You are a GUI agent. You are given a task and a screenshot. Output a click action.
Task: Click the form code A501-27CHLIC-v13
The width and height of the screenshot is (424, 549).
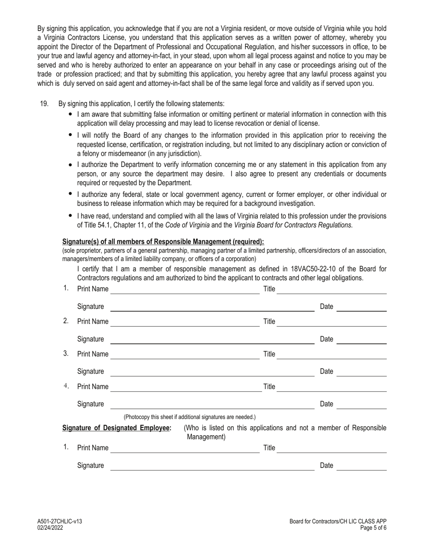pyautogui.click(x=59, y=521)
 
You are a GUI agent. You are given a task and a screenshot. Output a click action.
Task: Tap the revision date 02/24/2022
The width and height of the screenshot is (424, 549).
pyautogui.click(x=50, y=528)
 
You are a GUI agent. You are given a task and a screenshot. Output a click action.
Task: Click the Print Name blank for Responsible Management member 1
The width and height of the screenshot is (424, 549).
pyautogui.click(x=185, y=290)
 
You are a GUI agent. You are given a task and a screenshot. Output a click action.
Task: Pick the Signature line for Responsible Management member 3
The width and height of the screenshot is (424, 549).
pyautogui.click(x=212, y=372)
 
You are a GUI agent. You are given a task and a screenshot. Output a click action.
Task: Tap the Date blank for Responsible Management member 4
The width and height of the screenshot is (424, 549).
pyautogui.click(x=361, y=405)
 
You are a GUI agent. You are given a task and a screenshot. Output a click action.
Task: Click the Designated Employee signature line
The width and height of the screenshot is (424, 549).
pyautogui.click(x=212, y=466)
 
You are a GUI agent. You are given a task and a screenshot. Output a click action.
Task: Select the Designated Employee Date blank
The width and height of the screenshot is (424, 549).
pyautogui.click(x=361, y=466)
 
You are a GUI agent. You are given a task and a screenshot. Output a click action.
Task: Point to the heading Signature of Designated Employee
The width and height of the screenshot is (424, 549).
pyautogui.click(x=117, y=428)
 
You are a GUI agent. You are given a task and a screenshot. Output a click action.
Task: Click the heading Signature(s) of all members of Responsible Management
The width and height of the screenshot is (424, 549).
pyautogui.click(x=163, y=242)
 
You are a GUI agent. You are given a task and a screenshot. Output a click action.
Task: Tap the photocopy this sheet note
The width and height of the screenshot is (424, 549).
pyautogui.click(x=190, y=417)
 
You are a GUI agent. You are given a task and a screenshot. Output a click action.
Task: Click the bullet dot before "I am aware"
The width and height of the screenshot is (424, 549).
pyautogui.click(x=71, y=114)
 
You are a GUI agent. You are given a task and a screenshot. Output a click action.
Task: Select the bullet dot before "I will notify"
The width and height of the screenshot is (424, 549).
pyautogui.click(x=71, y=135)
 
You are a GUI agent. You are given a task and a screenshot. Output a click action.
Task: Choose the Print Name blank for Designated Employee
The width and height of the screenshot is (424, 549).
pyautogui.click(x=185, y=449)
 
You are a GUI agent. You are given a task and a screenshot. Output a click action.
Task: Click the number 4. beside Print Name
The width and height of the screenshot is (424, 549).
pyautogui.click(x=66, y=386)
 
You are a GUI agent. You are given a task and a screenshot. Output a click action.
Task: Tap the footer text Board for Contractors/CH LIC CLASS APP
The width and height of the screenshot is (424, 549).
pyautogui.click(x=338, y=521)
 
